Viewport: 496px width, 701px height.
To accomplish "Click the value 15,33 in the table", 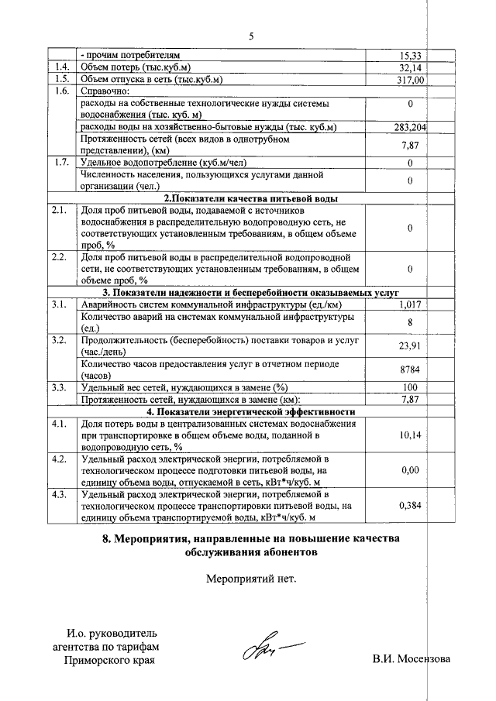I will [x=410, y=56].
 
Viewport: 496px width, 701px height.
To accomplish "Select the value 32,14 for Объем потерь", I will [x=410, y=67].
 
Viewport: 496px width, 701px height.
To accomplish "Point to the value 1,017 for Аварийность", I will [x=410, y=305].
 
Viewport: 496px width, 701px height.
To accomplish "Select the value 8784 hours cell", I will [x=410, y=370].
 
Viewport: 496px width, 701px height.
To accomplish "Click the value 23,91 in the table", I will [x=410, y=346].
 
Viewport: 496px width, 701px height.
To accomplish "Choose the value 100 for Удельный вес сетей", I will [x=410, y=387].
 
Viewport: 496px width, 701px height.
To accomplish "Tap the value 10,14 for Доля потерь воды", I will [x=410, y=435].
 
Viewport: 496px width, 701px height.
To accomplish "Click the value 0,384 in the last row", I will [x=410, y=505].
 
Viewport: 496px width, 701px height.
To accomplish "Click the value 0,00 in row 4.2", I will [x=410, y=470].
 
